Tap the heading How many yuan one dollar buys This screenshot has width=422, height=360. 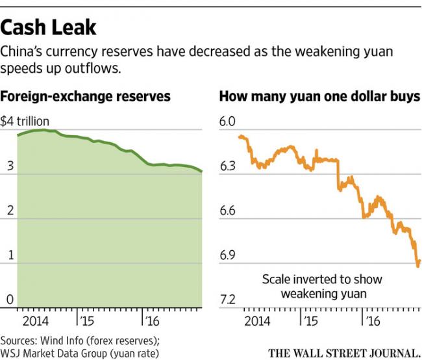319,97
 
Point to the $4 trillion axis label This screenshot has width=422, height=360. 25,121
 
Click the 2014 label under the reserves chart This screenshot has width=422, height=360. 35,321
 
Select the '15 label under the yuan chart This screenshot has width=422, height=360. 310,321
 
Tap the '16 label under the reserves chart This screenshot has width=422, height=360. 151,321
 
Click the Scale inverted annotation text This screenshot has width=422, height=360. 322,286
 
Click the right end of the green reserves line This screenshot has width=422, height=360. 202,172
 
